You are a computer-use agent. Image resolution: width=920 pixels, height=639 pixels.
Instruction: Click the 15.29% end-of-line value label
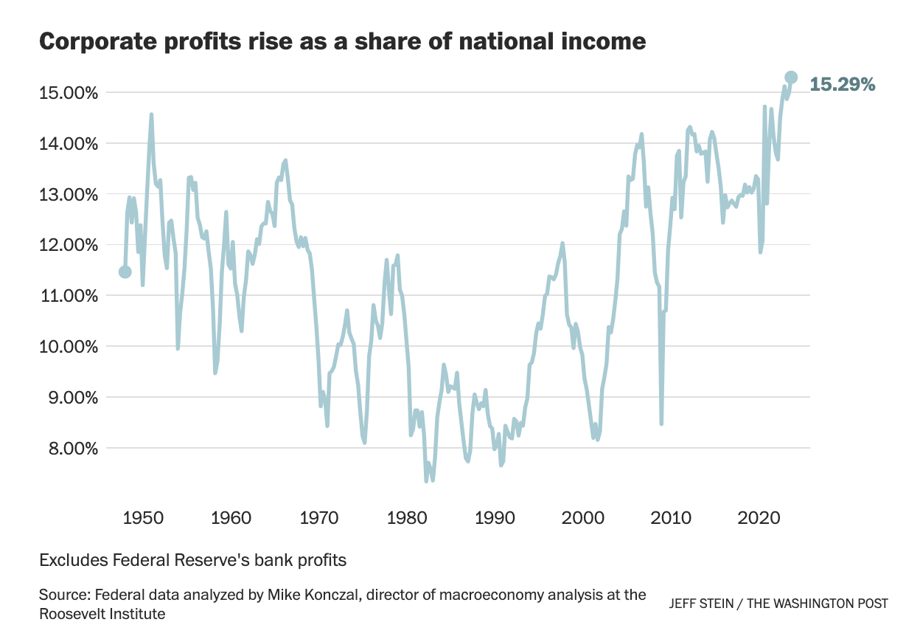tap(843, 85)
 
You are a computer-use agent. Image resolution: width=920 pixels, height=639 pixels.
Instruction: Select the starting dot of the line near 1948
tap(125, 272)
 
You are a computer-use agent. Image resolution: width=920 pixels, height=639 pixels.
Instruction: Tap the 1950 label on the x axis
tap(142, 518)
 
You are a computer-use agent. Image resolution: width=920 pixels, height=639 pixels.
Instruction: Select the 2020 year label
tap(759, 518)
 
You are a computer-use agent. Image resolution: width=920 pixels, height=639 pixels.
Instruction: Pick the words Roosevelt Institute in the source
tap(102, 613)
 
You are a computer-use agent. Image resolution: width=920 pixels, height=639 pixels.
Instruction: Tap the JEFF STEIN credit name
tap(703, 604)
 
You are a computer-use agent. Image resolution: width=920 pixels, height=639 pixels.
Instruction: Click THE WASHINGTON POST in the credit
tap(818, 604)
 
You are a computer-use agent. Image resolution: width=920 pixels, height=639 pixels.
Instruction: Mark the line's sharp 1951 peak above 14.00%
tap(151, 115)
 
